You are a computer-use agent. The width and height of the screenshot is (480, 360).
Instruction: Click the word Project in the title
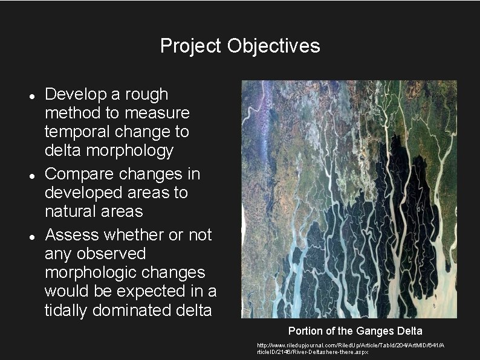pos(191,46)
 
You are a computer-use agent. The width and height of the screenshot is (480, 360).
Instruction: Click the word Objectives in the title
pos(274,46)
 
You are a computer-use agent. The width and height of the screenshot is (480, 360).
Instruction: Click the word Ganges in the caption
pos(375,330)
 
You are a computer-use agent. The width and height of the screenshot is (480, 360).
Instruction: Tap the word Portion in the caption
pos(306,330)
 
